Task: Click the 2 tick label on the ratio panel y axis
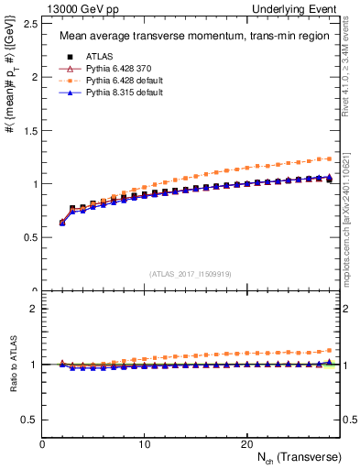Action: coord(33,309)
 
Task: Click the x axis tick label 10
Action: coord(144,443)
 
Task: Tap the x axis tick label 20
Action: coord(245,443)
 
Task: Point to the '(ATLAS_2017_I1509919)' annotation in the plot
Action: coord(191,273)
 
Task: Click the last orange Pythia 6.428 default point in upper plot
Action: coord(330,158)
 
